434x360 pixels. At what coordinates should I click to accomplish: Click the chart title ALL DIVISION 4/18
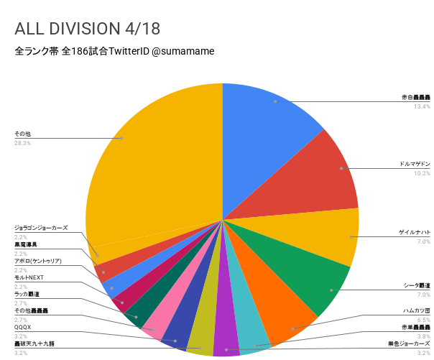coord(87,29)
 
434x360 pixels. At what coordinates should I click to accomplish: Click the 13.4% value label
coord(421,106)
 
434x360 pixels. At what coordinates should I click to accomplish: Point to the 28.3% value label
coord(22,143)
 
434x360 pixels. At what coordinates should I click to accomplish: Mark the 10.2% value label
coord(421,173)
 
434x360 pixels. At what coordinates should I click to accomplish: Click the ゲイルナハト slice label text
coord(415,233)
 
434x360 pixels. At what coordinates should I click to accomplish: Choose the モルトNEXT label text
coord(29,277)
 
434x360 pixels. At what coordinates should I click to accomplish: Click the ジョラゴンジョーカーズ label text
coord(41,227)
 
